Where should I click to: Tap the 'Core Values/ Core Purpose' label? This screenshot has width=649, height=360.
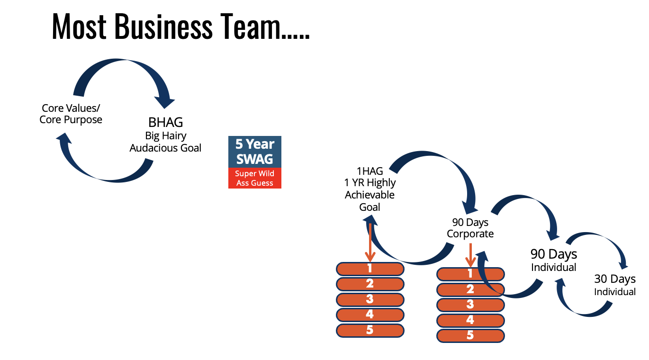71,114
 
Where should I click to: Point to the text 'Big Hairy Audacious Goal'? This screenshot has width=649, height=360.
165,142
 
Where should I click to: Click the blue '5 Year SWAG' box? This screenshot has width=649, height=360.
255,152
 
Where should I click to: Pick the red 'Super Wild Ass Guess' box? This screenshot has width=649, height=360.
255,178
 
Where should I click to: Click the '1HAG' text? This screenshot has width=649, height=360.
370,171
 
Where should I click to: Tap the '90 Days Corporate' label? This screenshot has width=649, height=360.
470,228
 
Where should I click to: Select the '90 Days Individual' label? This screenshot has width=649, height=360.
553,260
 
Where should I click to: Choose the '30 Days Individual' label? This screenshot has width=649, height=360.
615,285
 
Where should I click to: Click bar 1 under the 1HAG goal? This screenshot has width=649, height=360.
370,269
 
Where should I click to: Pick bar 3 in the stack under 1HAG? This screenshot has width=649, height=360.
370,299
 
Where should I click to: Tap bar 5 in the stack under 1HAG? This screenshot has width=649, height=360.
370,330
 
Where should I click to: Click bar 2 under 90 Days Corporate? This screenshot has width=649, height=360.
470,289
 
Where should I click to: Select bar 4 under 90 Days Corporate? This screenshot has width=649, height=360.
470,320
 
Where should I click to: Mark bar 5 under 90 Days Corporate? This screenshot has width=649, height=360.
470,335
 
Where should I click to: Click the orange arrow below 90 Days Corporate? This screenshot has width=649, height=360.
470,256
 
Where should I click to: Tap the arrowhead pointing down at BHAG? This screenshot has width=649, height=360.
166,101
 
